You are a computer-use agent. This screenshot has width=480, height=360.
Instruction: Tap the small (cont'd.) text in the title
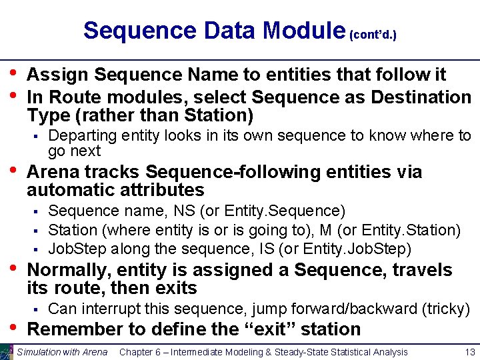(373, 34)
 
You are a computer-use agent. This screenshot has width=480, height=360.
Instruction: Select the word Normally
(69, 270)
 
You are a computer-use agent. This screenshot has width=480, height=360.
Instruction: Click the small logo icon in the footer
(6, 352)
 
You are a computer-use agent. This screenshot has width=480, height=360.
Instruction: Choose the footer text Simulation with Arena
(62, 352)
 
